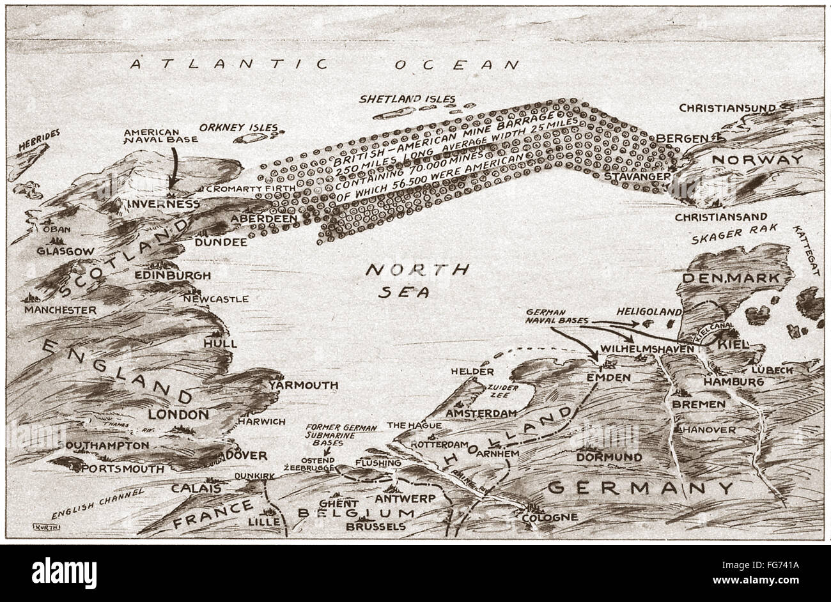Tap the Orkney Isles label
click(x=239, y=128)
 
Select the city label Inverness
click(x=164, y=204)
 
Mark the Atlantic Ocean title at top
click(x=324, y=64)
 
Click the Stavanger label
click(x=637, y=175)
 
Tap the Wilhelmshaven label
click(x=647, y=350)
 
